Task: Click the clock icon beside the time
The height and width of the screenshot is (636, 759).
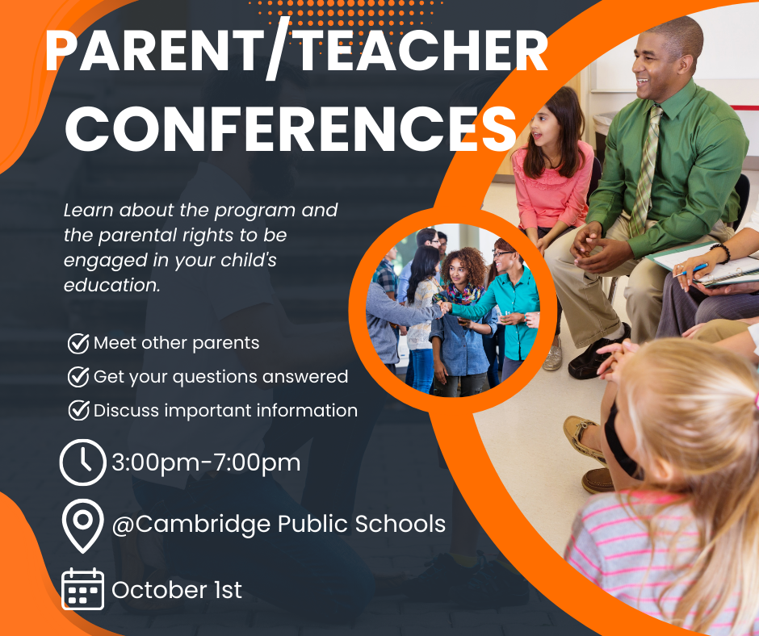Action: [x=83, y=462]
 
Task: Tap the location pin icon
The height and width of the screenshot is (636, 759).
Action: [x=82, y=525]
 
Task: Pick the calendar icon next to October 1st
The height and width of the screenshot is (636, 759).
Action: [x=82, y=589]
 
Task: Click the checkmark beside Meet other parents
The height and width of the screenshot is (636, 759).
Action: [x=78, y=343]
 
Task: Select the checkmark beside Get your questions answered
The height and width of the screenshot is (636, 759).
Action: [x=78, y=376]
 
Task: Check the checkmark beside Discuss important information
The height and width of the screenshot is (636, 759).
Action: [x=78, y=410]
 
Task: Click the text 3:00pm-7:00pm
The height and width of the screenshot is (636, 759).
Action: [x=206, y=462]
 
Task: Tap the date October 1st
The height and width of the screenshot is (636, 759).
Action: [x=177, y=590]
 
